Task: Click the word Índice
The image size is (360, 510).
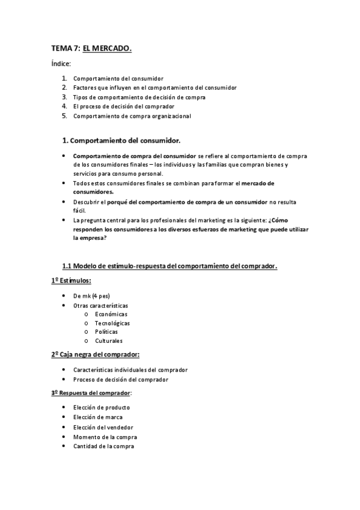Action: click(61, 63)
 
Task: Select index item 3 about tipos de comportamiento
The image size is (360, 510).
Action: click(139, 97)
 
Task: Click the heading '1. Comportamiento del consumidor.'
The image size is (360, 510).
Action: click(121, 141)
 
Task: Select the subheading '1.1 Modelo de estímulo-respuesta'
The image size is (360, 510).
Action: click(169, 266)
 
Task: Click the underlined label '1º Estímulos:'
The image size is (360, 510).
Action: click(71, 281)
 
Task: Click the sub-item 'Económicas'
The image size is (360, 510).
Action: click(111, 314)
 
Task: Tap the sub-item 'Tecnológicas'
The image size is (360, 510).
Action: click(112, 323)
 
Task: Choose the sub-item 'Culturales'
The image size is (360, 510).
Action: click(109, 340)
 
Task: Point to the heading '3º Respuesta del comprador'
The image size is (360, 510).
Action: click(91, 393)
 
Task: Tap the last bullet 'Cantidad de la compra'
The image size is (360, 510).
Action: click(103, 446)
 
